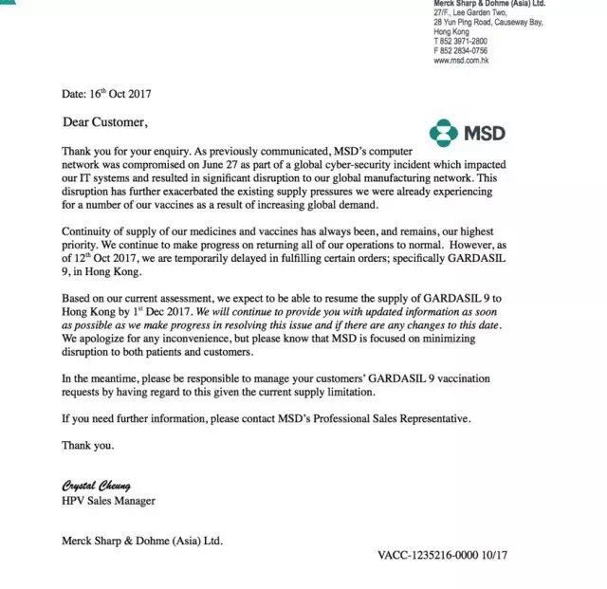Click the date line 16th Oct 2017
click(x=106, y=94)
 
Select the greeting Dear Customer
click(x=105, y=122)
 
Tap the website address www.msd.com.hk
click(x=461, y=61)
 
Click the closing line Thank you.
click(x=87, y=444)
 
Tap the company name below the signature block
click(x=142, y=541)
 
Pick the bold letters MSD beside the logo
click(x=484, y=133)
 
